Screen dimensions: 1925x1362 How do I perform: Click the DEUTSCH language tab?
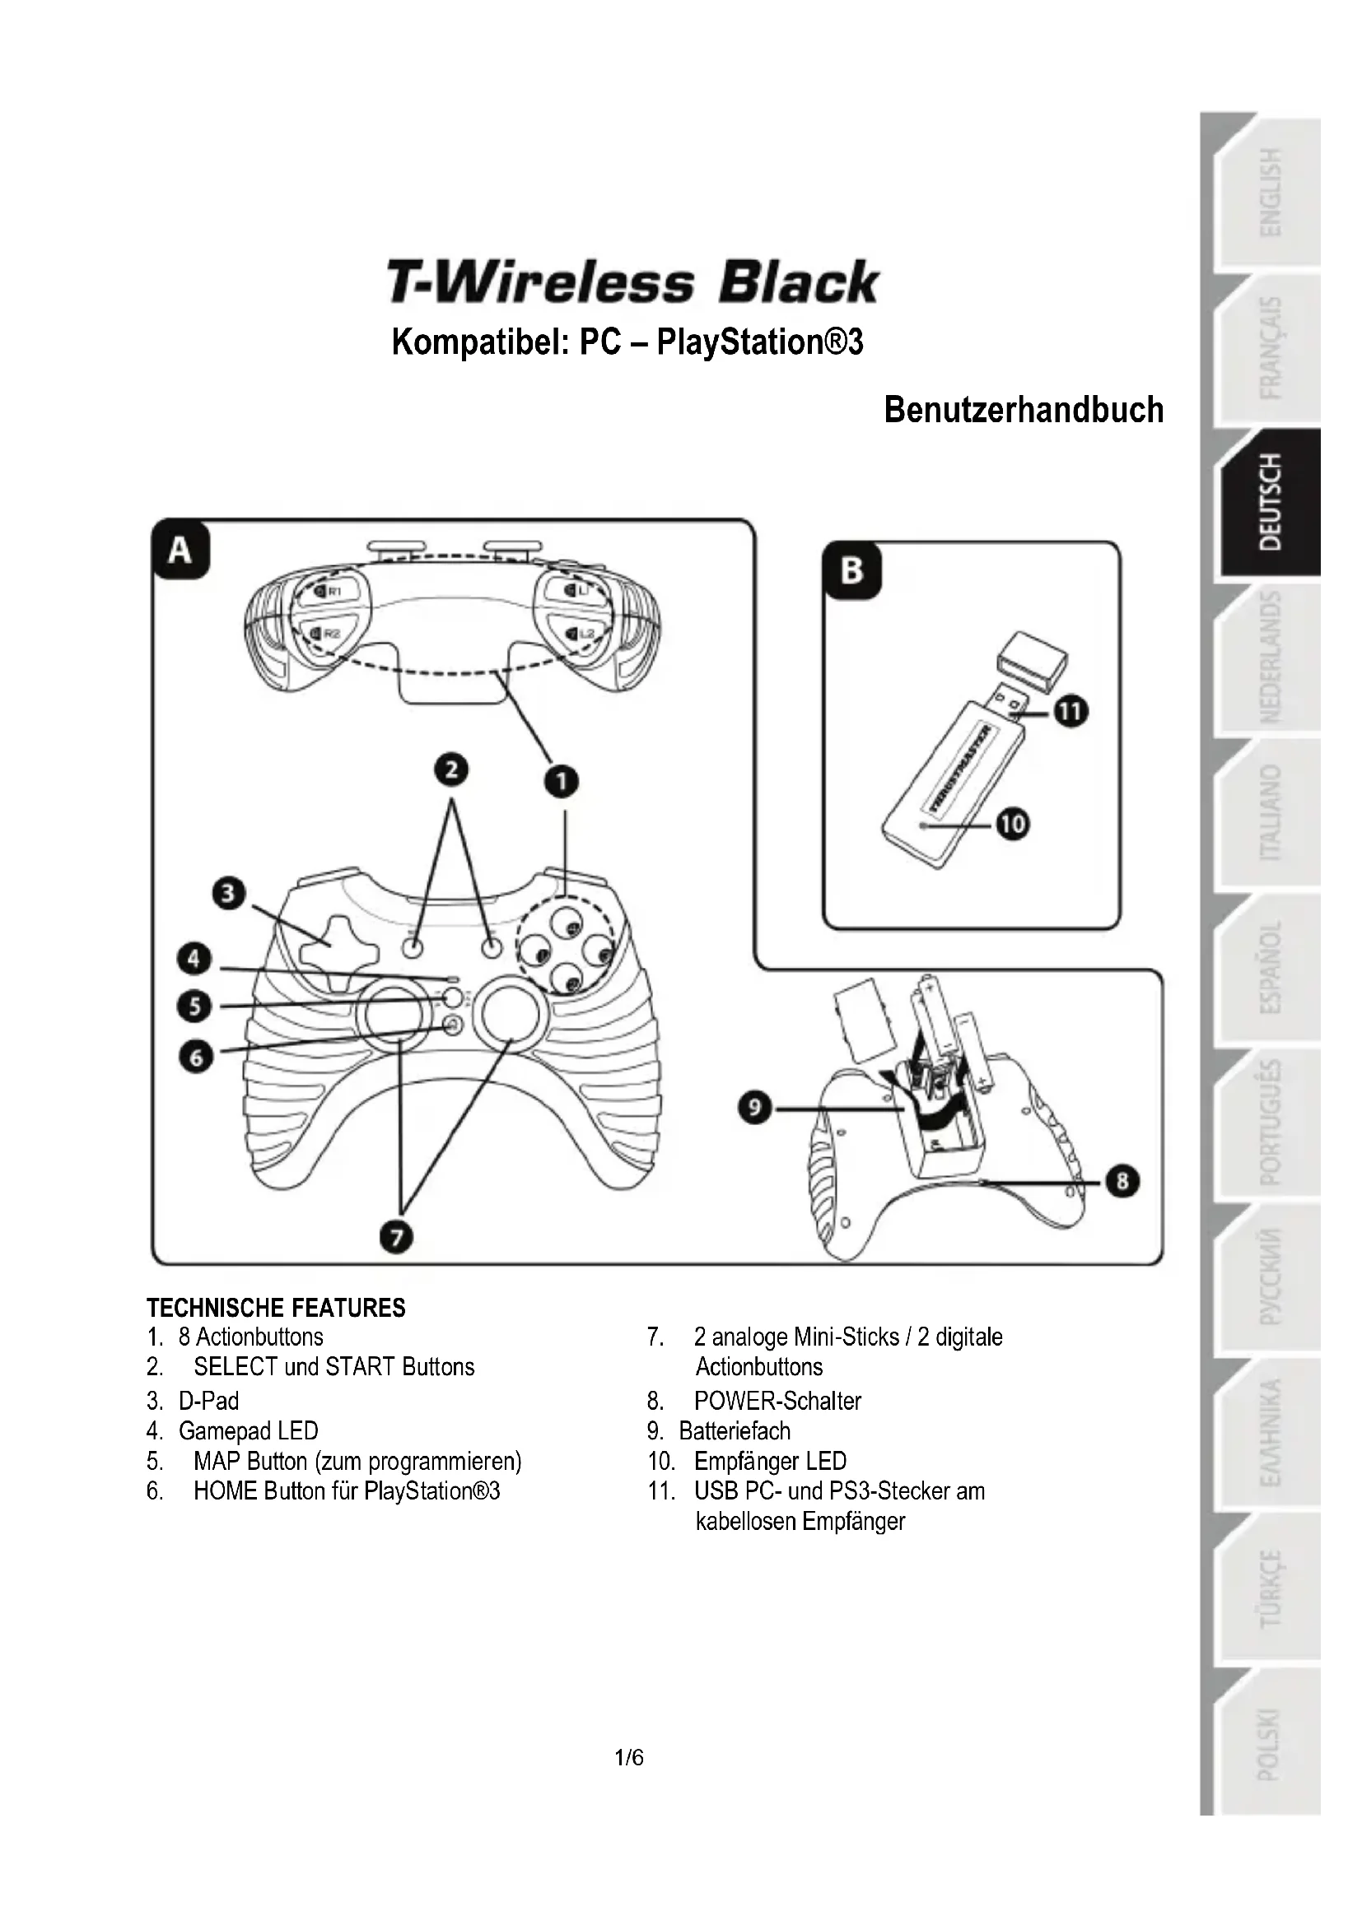pyautogui.click(x=1271, y=502)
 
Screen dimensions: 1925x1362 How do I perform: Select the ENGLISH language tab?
pyautogui.click(x=1271, y=192)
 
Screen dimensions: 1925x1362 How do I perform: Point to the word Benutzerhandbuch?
pyautogui.click(x=1024, y=410)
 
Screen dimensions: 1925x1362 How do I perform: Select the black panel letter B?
pyautogui.click(x=852, y=571)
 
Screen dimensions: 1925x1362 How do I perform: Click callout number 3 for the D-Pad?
pyautogui.click(x=228, y=894)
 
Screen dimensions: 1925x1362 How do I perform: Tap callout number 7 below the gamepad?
pyautogui.click(x=396, y=1238)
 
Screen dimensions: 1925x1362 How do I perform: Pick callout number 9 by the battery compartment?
pyautogui.click(x=755, y=1109)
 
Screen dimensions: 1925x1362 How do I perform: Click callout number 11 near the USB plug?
pyautogui.click(x=1070, y=712)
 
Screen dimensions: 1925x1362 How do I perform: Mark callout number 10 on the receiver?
pyautogui.click(x=1012, y=824)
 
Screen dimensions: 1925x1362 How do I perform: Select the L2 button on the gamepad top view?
pyautogui.click(x=579, y=633)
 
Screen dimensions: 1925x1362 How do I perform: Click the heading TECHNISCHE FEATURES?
pyautogui.click(x=276, y=1308)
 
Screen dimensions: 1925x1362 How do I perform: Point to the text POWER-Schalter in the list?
pyautogui.click(x=777, y=1401)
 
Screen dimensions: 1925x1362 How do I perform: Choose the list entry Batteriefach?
pyautogui.click(x=735, y=1431)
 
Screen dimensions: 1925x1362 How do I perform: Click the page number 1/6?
pyautogui.click(x=629, y=1757)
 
